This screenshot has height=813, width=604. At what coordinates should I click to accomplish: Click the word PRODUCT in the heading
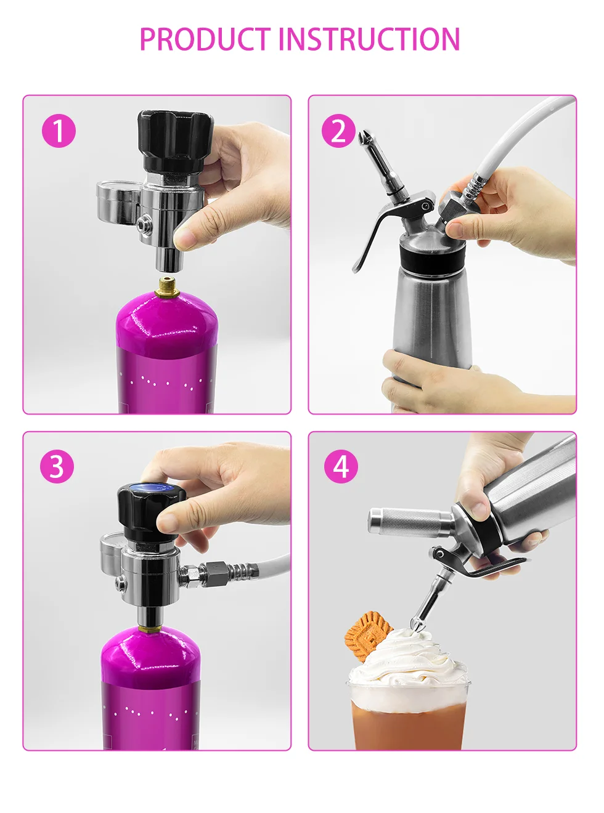click(205, 39)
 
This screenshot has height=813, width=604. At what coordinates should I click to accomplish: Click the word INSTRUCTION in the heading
click(369, 39)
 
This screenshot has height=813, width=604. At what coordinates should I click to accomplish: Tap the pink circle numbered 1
click(59, 131)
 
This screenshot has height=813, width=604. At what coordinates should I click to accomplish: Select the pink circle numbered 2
click(338, 131)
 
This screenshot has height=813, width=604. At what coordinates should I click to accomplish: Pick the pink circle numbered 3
click(57, 467)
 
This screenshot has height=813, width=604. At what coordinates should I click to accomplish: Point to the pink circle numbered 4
click(341, 467)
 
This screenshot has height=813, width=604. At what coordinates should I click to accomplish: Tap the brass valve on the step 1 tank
click(167, 287)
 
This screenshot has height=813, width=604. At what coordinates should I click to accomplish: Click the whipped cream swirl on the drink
click(407, 660)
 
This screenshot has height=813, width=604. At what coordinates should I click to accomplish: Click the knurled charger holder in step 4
click(411, 522)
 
